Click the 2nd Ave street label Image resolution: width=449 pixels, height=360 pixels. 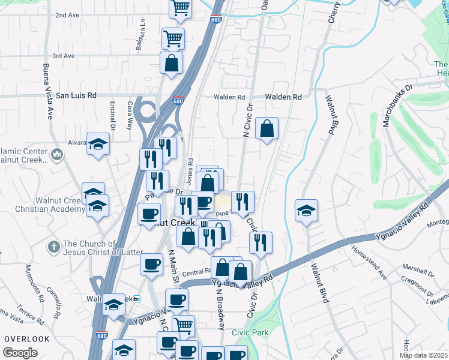[x=67, y=15]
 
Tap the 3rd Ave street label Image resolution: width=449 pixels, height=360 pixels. [x=63, y=56]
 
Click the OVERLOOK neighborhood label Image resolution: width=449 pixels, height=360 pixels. [x=26, y=339]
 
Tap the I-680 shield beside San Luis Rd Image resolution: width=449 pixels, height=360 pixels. [x=178, y=101]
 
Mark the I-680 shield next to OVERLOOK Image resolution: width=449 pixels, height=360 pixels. [x=102, y=337]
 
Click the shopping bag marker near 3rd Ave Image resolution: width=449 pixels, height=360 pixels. [x=172, y=63]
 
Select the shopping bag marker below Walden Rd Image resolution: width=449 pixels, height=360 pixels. [x=267, y=128]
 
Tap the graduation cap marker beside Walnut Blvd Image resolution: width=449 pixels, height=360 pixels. [x=306, y=211]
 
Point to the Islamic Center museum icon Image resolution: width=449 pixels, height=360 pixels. [x=57, y=155]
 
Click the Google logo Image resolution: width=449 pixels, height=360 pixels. [x=20, y=352]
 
